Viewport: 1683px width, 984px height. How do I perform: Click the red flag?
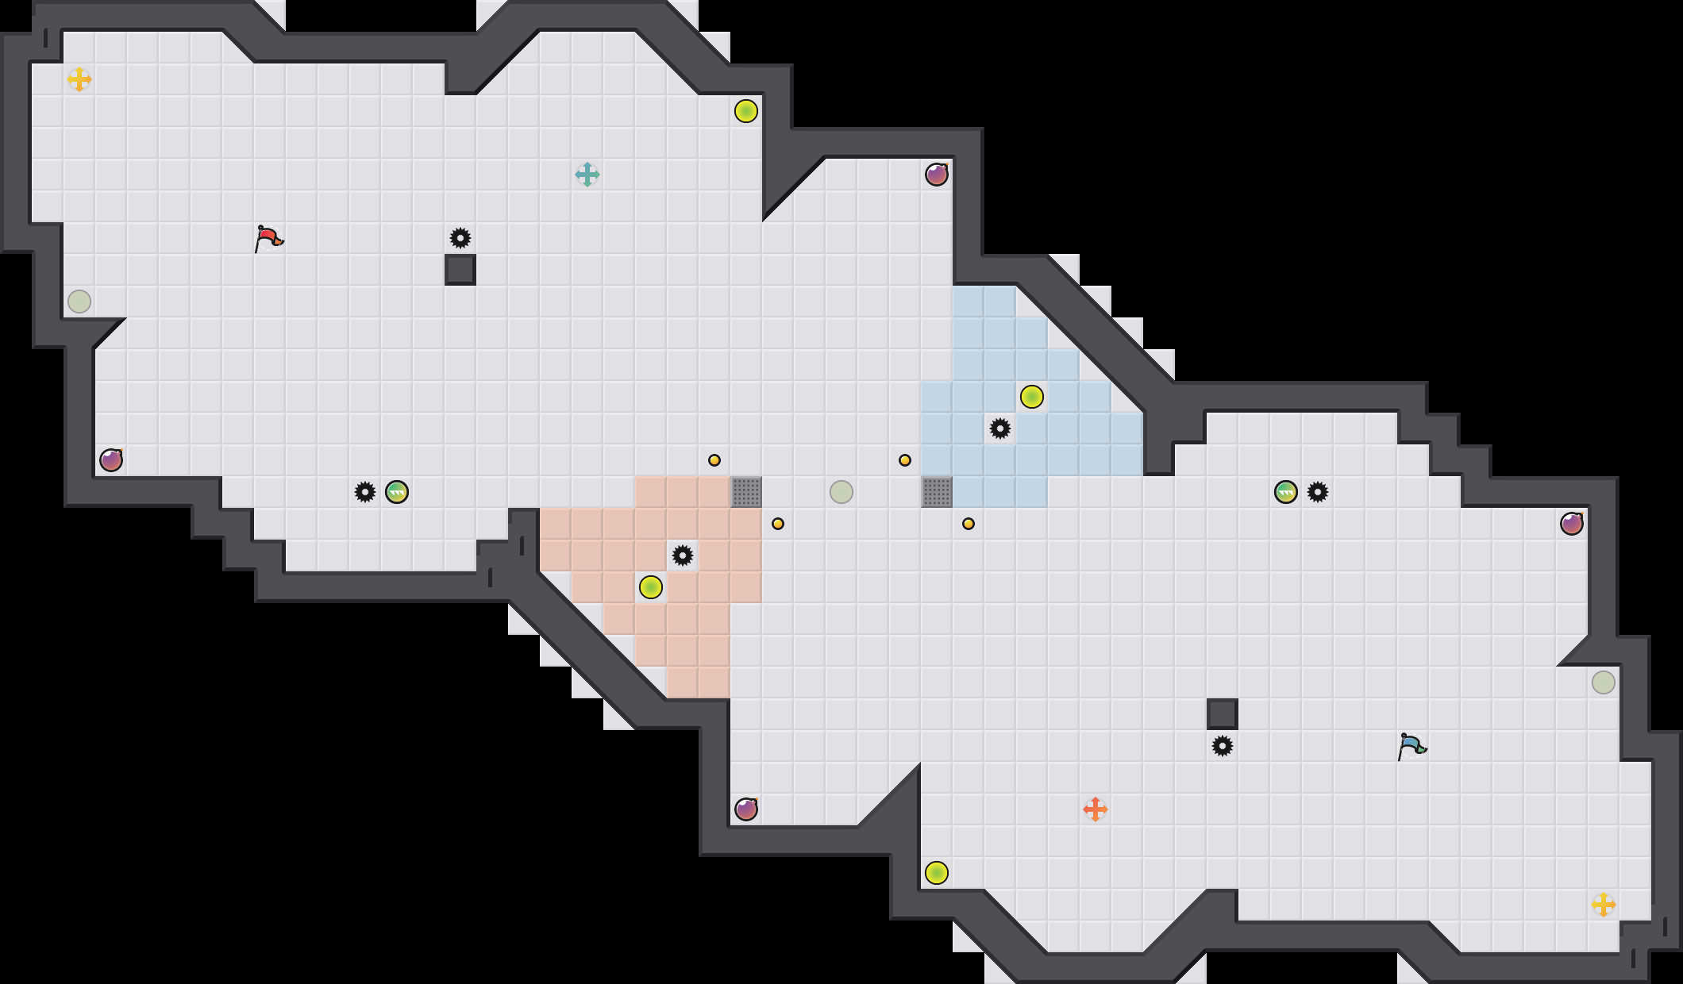pos(269,237)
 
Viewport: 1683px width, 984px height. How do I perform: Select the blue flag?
pos(1411,745)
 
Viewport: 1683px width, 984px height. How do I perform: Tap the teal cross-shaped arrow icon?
pos(587,174)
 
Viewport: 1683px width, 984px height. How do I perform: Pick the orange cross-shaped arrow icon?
pos(1095,809)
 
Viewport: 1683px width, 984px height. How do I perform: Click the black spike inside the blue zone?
pos(999,429)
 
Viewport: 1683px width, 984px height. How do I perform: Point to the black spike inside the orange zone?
pos(682,555)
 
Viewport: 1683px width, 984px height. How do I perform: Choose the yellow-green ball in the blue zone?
pos(1031,396)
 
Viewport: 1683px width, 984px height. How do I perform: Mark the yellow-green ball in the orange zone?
pos(650,586)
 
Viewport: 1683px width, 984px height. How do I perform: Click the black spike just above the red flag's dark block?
pos(460,237)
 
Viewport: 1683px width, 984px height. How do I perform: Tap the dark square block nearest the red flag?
pos(460,269)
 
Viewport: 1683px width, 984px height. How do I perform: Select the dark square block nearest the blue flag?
pos(1222,713)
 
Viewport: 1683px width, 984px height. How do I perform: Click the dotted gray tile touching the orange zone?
pos(745,491)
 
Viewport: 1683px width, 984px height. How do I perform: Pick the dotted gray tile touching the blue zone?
pos(936,491)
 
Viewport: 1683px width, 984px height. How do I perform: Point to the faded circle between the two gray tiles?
pos(841,491)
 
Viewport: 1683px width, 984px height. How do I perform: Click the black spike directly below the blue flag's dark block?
pos(1222,745)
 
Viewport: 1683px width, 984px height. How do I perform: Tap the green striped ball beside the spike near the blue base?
pos(1285,491)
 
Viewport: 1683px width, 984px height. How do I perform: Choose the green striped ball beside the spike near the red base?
pos(396,491)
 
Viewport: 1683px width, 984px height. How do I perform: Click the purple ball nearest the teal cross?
pos(936,174)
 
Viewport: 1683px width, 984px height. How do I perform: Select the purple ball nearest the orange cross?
pos(745,809)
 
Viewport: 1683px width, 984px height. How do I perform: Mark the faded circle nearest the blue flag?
pos(1603,682)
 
